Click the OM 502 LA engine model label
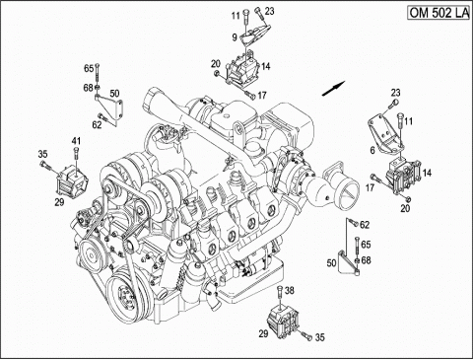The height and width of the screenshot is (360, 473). click(439, 13)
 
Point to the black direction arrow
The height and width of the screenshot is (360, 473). click(334, 89)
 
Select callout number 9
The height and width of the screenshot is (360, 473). click(235, 37)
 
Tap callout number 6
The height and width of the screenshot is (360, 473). click(372, 151)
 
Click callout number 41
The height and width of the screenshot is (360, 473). click(76, 141)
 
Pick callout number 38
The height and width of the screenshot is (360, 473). click(290, 290)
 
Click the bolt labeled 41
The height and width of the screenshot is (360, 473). click(76, 156)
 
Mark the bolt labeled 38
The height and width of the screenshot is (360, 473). click(280, 297)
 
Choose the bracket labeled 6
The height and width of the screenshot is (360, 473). click(383, 134)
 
